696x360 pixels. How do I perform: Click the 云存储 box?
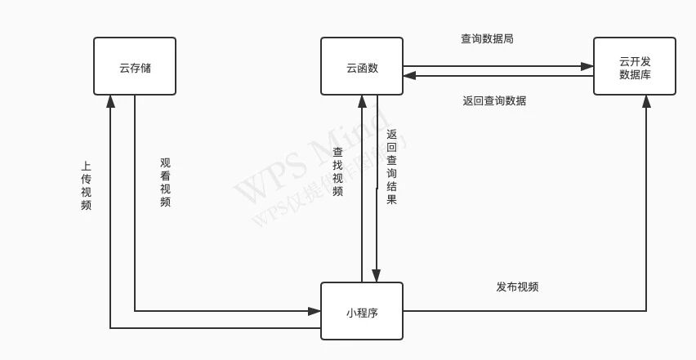tap(135, 66)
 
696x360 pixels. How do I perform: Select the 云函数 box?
tap(362, 66)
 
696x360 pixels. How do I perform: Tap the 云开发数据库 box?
tap(635, 66)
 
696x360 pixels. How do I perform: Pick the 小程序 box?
tap(362, 311)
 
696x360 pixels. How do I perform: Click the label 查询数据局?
tap(487, 38)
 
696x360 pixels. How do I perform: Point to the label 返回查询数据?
tap(494, 101)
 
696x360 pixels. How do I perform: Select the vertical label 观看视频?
tap(165, 182)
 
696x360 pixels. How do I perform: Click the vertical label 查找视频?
tap(337, 171)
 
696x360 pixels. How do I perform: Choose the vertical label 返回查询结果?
tap(391, 167)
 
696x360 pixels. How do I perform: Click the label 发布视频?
tap(517, 287)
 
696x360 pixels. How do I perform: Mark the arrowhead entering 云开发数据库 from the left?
tap(587, 66)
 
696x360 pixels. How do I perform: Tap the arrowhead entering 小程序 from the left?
tap(315, 311)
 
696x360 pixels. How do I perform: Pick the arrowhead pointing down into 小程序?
tap(377, 276)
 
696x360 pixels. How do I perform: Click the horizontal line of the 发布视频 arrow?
tap(523, 311)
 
